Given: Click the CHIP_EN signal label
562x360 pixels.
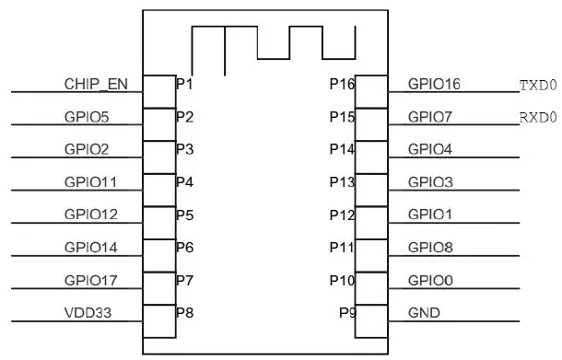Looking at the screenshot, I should coord(96,85).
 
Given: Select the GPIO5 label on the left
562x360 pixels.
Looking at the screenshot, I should coord(88,117).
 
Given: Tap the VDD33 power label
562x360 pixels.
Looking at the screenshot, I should coord(88,313).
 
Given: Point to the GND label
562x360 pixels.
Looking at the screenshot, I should coord(424,313).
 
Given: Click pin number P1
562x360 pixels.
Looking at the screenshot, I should coord(184,85).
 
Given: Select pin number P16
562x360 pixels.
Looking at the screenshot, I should coord(342,85).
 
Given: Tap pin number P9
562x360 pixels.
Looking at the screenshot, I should coord(346,313).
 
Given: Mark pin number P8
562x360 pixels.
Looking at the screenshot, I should coord(184,313).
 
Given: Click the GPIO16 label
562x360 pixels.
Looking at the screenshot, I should coord(434,85).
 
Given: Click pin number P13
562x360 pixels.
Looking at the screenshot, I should coord(342,182).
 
